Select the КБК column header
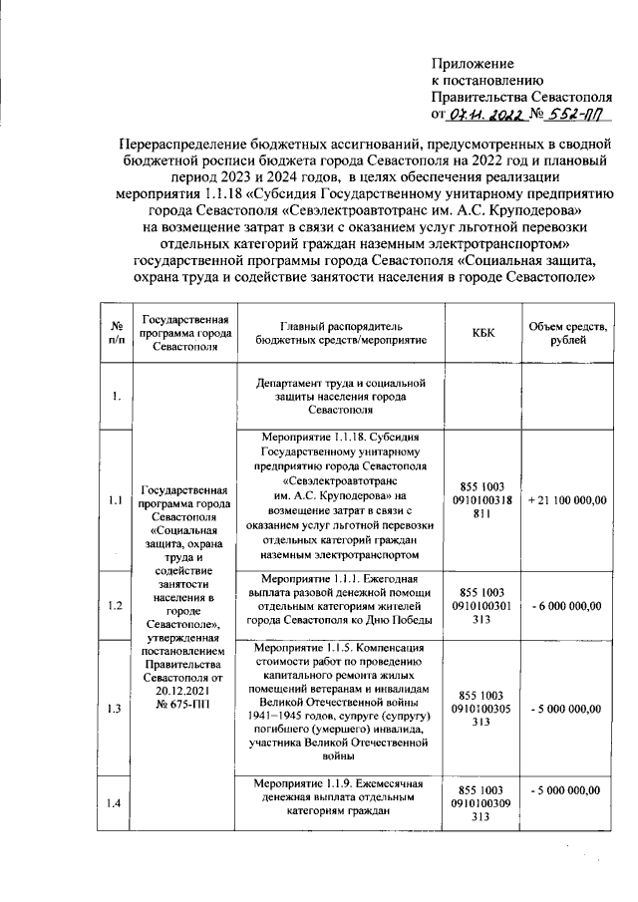point(482,332)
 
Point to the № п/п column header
point(117,332)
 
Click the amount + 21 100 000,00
point(566,499)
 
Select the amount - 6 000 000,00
point(566,605)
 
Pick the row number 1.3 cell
point(116,708)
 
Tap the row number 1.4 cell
point(116,803)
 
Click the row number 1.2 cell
point(116,605)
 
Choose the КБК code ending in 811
point(482,499)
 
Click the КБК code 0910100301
point(482,605)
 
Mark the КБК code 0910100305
point(482,709)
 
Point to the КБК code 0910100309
point(482,802)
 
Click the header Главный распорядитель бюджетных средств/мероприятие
point(340,332)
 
